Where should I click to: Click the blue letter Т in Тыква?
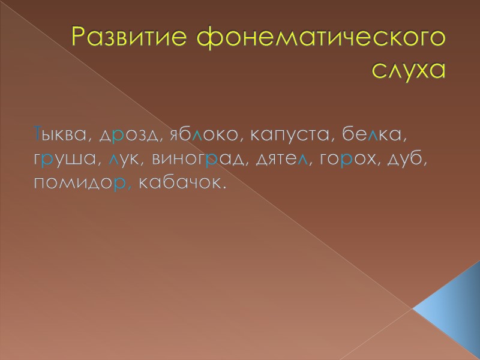point(37,134)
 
